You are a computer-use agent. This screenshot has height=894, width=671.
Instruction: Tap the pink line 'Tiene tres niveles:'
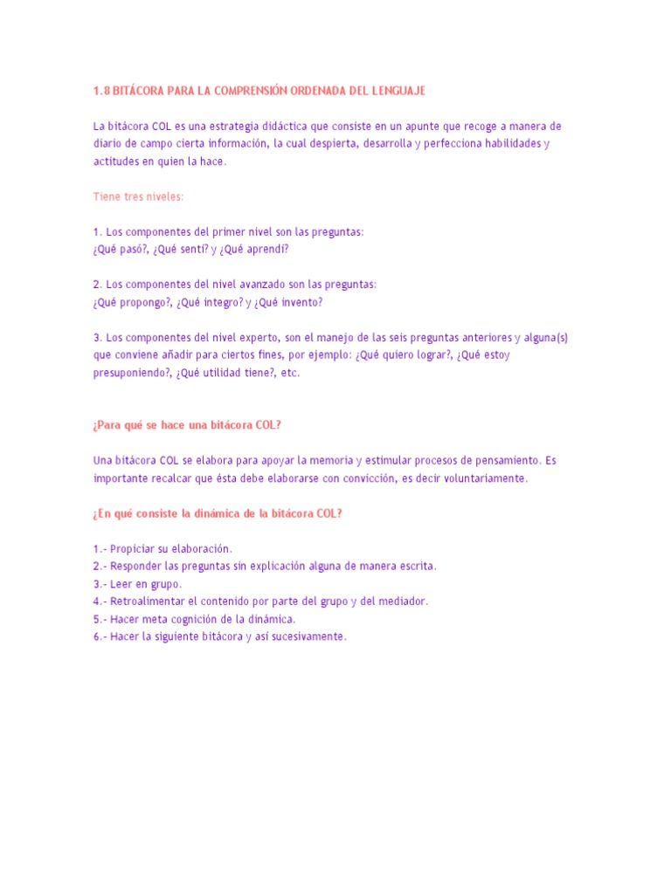point(139,196)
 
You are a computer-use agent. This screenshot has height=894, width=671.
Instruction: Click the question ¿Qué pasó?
point(121,249)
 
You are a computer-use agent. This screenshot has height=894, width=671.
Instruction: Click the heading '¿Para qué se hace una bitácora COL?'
point(187,425)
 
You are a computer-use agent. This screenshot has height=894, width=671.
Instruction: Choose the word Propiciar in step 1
point(134,548)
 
